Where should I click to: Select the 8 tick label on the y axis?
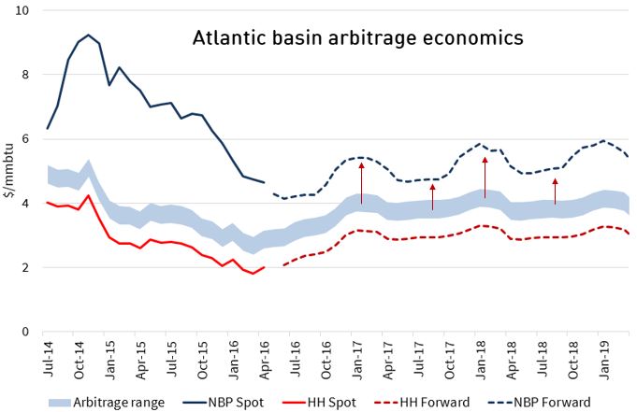coord(26,75)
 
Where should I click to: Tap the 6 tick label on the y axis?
coord(26,139)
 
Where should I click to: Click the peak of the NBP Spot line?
coord(89,35)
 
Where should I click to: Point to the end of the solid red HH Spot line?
coord(265,267)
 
